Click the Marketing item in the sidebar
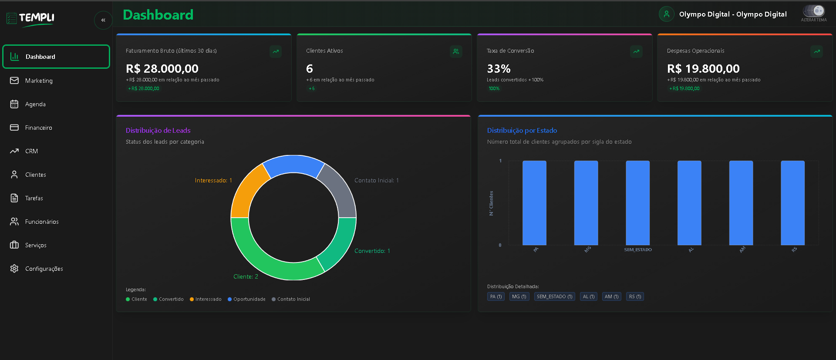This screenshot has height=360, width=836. click(x=38, y=81)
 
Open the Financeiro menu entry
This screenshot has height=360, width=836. click(x=38, y=128)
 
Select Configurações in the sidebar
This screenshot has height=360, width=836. click(x=44, y=269)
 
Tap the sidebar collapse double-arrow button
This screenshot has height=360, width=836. click(x=103, y=20)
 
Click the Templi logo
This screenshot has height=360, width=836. click(x=30, y=18)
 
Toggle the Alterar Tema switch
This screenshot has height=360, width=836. click(x=813, y=11)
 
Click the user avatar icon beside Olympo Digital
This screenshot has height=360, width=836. click(x=666, y=14)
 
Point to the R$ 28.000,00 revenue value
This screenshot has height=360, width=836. click(x=162, y=69)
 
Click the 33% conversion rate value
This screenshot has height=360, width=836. click(x=499, y=69)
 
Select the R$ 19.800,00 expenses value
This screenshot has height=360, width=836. click(x=703, y=69)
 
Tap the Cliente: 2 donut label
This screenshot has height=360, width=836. click(x=246, y=276)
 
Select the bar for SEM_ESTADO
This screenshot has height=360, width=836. click(x=637, y=203)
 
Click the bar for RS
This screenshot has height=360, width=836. click(x=792, y=203)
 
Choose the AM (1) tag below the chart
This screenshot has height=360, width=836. click(x=611, y=296)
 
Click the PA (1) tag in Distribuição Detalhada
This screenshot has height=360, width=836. click(x=496, y=296)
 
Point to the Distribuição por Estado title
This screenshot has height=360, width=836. click(x=522, y=131)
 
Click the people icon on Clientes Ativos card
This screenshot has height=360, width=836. click(x=456, y=51)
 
